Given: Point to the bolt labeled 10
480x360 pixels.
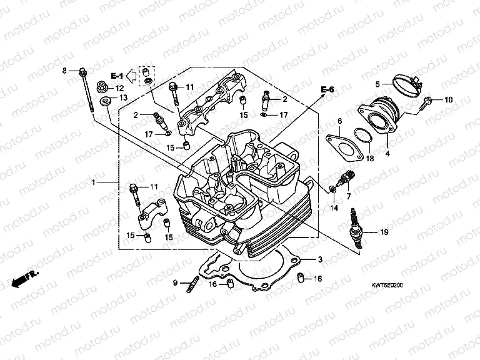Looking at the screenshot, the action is [x=428, y=101].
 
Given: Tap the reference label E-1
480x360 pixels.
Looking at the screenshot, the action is [x=117, y=75].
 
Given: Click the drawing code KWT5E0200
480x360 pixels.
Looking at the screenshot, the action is [x=387, y=285].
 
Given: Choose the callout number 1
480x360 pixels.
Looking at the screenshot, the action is [x=93, y=182].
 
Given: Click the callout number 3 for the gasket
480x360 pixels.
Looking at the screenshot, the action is [x=319, y=259].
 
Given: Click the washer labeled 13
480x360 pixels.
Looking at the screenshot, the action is [x=106, y=99].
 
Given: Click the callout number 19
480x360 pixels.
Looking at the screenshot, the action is [x=384, y=232].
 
